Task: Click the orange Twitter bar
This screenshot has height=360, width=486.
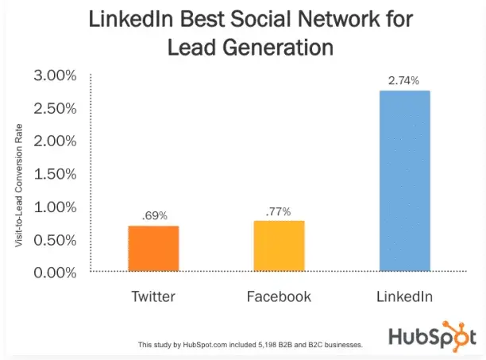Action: pyautogui.click(x=153, y=249)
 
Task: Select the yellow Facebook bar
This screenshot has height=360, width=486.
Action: pyautogui.click(x=279, y=246)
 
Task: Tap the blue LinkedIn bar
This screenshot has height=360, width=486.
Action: pyautogui.click(x=405, y=181)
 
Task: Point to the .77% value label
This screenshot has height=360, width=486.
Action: pyautogui.click(x=279, y=211)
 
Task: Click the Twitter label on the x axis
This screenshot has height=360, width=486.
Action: pyautogui.click(x=153, y=297)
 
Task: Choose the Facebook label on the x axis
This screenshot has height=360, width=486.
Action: pyautogui.click(x=279, y=297)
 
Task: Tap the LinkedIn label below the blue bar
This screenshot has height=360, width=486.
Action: pyautogui.click(x=405, y=297)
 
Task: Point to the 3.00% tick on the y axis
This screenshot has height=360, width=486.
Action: pyautogui.click(x=54, y=76)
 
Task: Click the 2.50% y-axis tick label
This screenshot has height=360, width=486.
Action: pyautogui.click(x=54, y=109)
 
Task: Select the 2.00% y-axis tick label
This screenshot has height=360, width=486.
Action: pyautogui.click(x=54, y=141)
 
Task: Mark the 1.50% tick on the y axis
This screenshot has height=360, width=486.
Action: pyautogui.click(x=54, y=174)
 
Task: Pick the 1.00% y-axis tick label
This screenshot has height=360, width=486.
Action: pyautogui.click(x=54, y=207)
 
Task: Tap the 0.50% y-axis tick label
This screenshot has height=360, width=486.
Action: pyautogui.click(x=54, y=239)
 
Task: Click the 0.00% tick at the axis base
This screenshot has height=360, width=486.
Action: pyautogui.click(x=54, y=272)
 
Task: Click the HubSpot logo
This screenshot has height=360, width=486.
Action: pyautogui.click(x=432, y=335)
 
